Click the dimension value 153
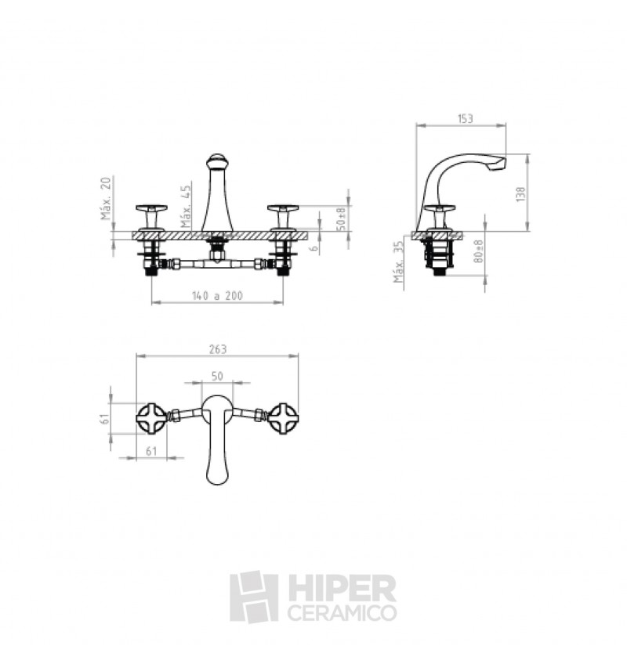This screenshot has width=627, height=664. [x=465, y=118]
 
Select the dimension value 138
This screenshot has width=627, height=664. [x=520, y=194]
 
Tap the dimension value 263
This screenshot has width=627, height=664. [x=218, y=349]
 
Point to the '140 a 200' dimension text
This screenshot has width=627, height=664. [x=217, y=295]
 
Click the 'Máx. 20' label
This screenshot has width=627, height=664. [x=106, y=199]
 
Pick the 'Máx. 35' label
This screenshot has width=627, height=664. [x=398, y=262]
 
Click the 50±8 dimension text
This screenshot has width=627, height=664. [x=342, y=218]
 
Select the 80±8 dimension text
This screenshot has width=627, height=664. [x=478, y=251]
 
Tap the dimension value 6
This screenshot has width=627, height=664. [x=313, y=247]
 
